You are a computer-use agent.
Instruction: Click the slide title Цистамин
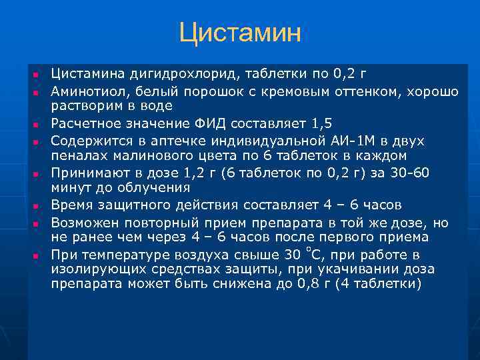pyautogui.click(x=240, y=33)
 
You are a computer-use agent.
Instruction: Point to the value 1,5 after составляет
pyautogui.click(x=321, y=123)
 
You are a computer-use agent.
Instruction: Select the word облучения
pyautogui.click(x=151, y=189)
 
